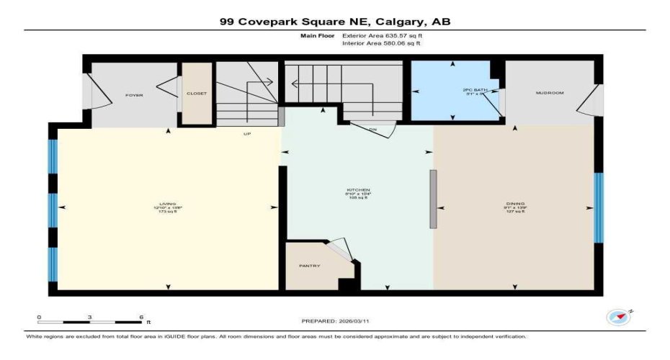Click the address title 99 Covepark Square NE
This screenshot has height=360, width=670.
coord(335,22)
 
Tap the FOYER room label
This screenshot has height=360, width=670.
coord(133,95)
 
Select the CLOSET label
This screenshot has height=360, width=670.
coord(196,94)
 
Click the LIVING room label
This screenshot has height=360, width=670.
coord(167,204)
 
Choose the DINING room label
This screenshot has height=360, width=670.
coord(514,204)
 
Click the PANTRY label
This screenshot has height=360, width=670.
coord(309,266)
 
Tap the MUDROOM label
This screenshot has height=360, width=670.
coord(548,93)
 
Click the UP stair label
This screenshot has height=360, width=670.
coord(246,134)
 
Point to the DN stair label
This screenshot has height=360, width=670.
coord(372,130)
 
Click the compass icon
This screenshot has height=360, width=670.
coord(619,317)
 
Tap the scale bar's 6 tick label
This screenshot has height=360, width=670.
coord(141,317)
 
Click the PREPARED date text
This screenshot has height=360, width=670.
coord(335,321)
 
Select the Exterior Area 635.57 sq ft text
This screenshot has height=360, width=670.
coord(381,35)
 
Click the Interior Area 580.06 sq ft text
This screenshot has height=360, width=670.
coord(381,43)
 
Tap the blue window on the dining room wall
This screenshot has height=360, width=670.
coord(598,207)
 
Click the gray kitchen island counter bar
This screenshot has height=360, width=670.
coord(433,199)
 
